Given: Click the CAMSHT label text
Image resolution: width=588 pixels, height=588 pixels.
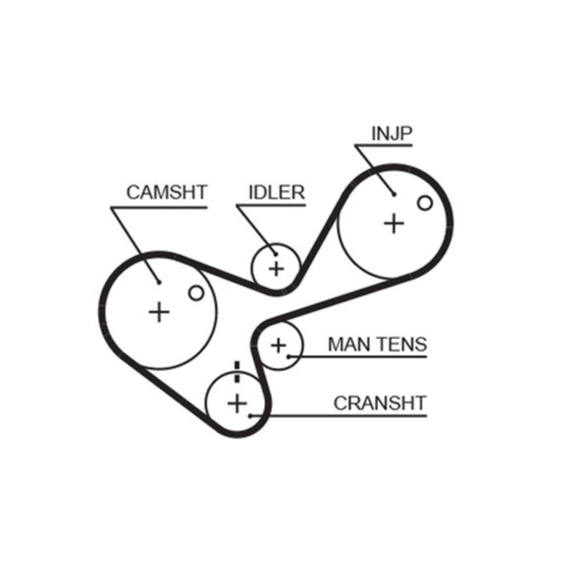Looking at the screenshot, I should (x=167, y=192).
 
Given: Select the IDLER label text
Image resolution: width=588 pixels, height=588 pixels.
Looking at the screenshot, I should (x=276, y=192).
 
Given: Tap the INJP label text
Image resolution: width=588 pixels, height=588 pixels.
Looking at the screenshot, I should (x=392, y=133).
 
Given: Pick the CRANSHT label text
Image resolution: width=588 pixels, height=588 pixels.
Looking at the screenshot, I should (x=379, y=403).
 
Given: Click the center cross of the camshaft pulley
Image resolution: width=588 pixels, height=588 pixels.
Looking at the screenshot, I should (x=159, y=311).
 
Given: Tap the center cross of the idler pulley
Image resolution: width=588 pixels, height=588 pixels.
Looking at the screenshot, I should (x=276, y=269).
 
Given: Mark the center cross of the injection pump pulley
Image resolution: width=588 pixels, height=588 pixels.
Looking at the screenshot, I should (x=394, y=223).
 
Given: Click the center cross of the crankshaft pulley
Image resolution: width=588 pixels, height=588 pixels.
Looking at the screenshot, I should (x=237, y=403).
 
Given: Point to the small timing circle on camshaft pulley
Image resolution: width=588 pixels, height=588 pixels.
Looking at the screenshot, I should (x=196, y=292).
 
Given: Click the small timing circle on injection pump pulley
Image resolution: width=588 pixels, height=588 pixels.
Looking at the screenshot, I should (x=425, y=203).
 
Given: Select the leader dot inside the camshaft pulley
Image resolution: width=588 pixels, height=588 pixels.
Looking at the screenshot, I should (x=159, y=282).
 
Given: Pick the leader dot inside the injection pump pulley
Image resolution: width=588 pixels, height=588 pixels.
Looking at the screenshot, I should (x=394, y=194).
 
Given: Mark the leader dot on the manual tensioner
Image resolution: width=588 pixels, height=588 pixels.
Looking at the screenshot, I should (x=289, y=356).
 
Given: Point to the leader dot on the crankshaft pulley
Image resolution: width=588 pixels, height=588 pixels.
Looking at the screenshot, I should (x=250, y=415).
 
